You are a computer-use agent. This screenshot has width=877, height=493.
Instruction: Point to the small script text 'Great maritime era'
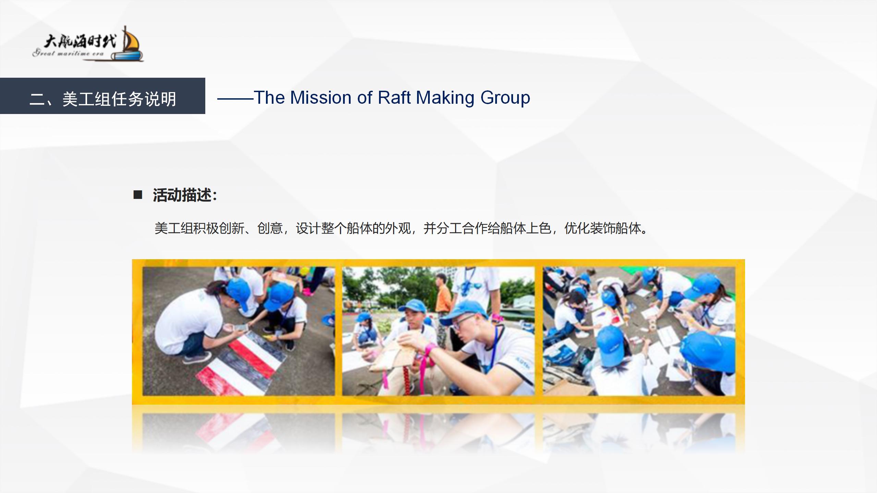(68, 53)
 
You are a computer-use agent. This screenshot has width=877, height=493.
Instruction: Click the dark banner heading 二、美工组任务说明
(103, 99)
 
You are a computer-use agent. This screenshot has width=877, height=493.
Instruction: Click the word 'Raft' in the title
(394, 98)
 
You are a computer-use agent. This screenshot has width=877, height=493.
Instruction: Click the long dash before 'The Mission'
(235, 99)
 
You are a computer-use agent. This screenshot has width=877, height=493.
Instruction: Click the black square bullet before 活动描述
(138, 195)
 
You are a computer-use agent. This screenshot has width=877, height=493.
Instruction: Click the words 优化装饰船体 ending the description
(603, 228)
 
